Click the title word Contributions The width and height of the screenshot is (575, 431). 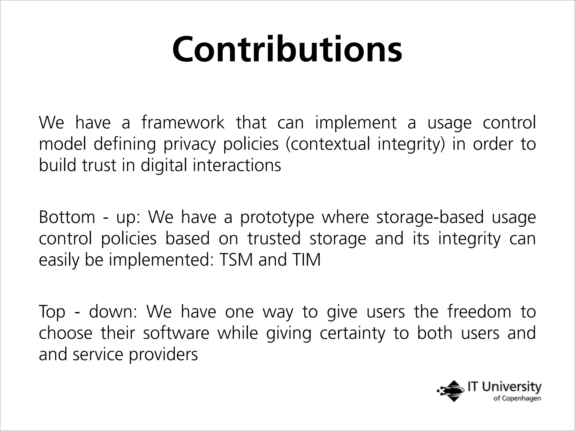coord(287,49)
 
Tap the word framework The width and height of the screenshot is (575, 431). coord(183,123)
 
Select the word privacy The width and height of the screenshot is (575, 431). coord(190,144)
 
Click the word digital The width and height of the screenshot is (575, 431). coord(163,165)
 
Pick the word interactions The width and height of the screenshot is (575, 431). coord(237,165)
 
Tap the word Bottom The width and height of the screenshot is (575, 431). coord(67,217)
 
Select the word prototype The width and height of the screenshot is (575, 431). coord(277,218)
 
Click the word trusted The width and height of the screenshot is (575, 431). coord(274,239)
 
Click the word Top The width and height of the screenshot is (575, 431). coord(52,312)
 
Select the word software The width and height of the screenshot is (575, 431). coord(176,333)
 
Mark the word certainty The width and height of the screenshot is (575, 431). coord(352,334)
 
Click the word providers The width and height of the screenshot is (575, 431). coord(163,355)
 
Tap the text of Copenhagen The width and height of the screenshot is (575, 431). coord(517,399)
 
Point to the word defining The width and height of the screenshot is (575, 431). coord(124,144)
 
